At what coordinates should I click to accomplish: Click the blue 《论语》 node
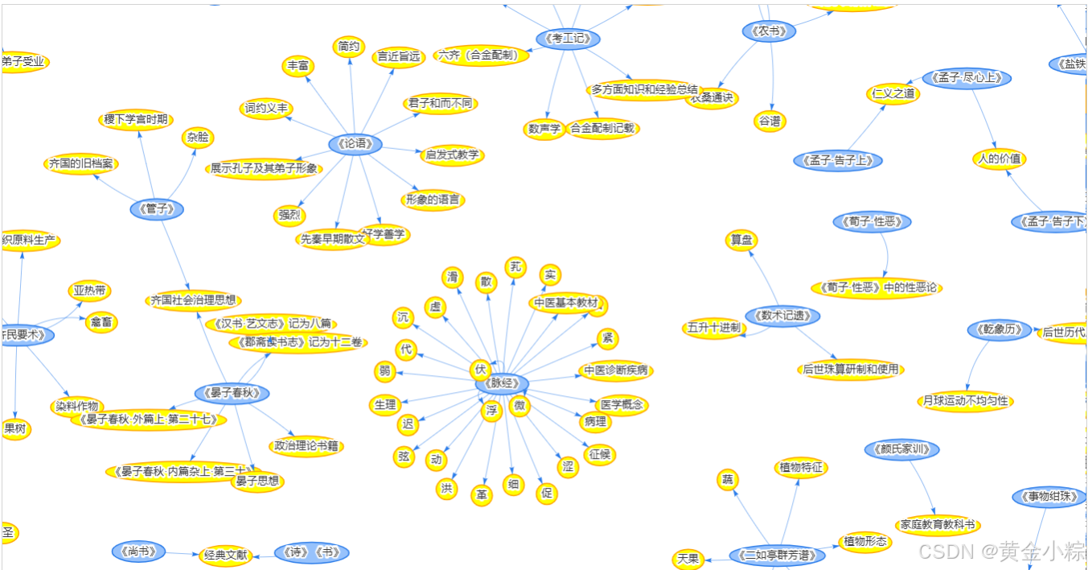355,144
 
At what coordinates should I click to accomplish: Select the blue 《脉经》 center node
502,383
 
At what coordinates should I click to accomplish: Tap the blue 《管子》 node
157,209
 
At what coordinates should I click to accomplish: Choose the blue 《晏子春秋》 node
232,394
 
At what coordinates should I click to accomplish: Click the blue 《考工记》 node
568,39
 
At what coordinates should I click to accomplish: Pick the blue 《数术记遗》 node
782,316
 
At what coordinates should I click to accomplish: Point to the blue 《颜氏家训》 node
901,449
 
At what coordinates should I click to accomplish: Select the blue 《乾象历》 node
1000,329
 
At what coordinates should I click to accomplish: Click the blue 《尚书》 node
138,551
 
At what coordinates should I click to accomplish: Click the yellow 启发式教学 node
452,155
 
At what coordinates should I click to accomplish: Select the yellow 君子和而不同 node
440,103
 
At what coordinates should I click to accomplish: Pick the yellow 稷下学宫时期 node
136,120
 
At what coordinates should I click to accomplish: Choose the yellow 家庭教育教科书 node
937,525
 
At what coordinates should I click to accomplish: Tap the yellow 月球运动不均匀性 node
965,400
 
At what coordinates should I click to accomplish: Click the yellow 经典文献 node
225,556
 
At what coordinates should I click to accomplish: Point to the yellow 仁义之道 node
893,93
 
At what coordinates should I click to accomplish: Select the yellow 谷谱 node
770,122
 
